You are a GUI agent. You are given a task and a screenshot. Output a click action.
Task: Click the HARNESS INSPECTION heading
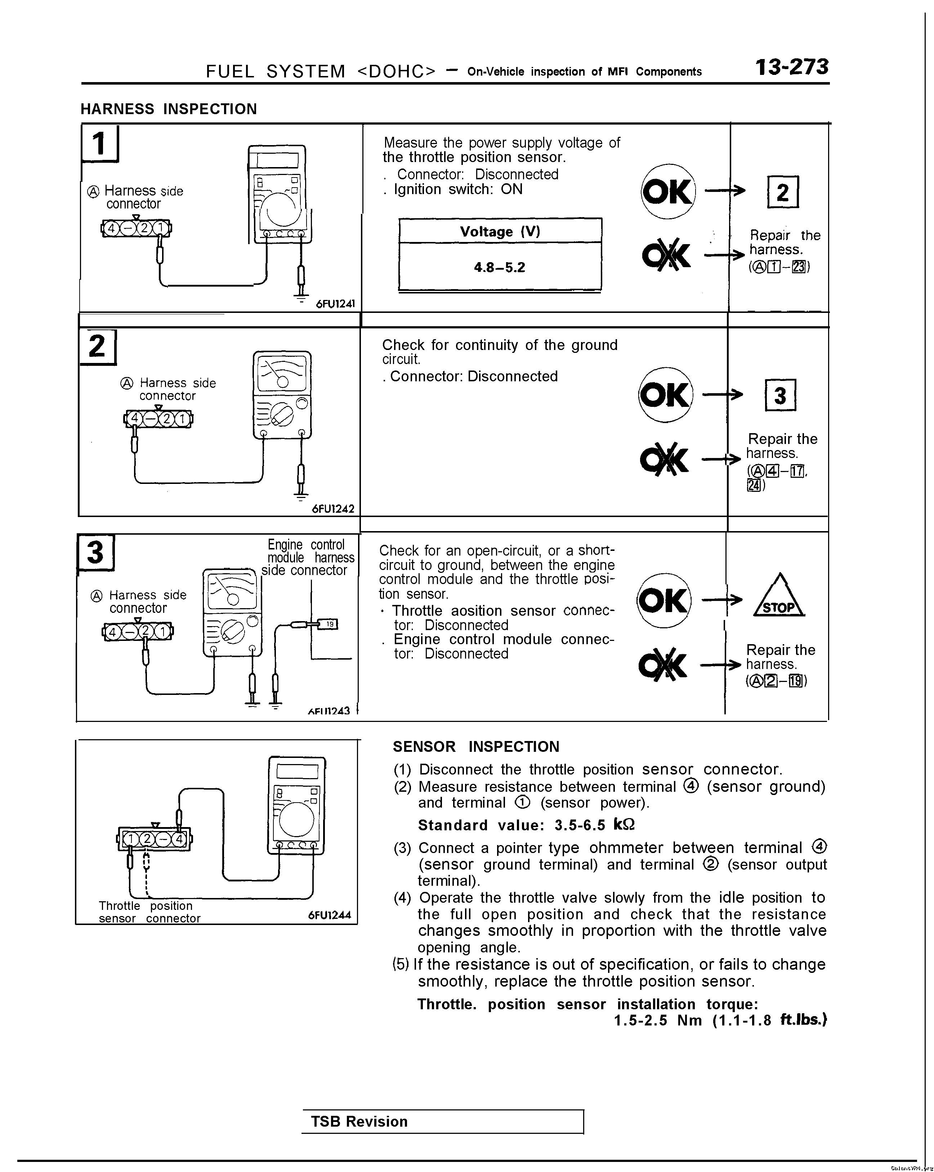[x=169, y=109]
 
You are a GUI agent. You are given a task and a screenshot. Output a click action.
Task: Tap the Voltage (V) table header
[x=500, y=232]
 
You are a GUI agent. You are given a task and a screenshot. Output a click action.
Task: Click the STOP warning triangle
[x=779, y=596]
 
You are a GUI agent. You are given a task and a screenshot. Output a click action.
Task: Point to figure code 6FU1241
[x=335, y=304]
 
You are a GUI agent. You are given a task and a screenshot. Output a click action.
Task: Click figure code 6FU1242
[x=333, y=509]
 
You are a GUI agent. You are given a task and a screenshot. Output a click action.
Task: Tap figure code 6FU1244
[x=330, y=915]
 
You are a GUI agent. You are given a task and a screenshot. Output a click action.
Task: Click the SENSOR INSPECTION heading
[x=476, y=747]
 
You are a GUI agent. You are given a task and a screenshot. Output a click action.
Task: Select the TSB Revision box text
[x=359, y=1122]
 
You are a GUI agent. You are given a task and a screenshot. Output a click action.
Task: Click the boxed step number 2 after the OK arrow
[x=782, y=192]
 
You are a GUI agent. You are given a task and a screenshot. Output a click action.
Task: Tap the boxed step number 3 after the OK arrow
[x=780, y=396]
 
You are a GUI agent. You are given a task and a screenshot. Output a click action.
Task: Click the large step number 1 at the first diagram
[x=99, y=144]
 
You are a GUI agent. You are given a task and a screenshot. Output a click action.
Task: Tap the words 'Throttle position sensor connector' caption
[x=149, y=912]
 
